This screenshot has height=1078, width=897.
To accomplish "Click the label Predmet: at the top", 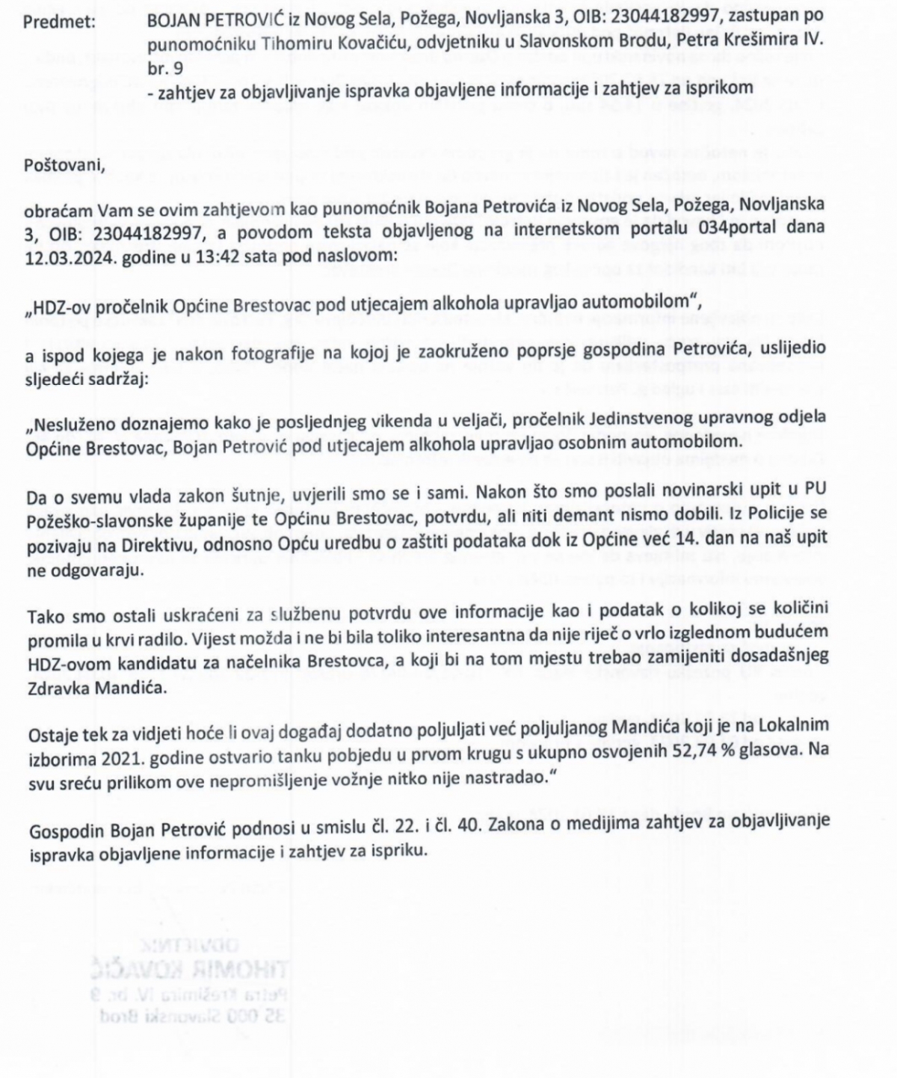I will pyautogui.click(x=59, y=22).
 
